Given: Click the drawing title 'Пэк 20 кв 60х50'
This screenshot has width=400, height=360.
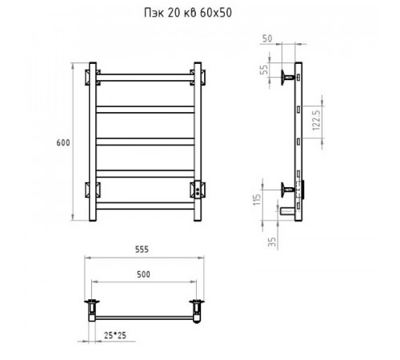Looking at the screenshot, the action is tap(188, 13).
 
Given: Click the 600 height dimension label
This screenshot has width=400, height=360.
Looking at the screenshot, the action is tap(63, 142).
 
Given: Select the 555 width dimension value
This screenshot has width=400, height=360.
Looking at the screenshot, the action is tap(142, 250).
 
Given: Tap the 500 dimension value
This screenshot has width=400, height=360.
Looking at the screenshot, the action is tap(143, 274).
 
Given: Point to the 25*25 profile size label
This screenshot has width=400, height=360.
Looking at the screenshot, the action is tap(115, 335).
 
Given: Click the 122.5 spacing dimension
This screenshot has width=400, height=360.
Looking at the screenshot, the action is tap(316, 120).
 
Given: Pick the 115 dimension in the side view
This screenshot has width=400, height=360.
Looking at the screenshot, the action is tap(257, 199).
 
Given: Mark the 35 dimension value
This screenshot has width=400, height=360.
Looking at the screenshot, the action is tap(272, 242).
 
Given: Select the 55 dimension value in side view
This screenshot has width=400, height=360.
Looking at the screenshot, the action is tap(264, 70).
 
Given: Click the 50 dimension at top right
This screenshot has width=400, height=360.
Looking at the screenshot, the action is tap(267, 38).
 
